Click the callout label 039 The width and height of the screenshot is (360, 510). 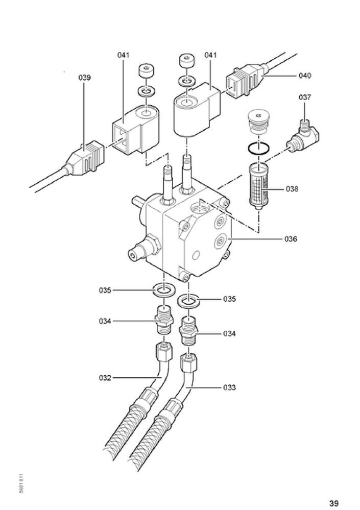coord(84,78)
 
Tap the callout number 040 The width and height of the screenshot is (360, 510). coord(304,76)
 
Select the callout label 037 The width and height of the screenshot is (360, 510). coord(305,97)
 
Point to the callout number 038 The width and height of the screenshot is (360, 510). coord(292,189)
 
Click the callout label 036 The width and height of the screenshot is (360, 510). coord(291,239)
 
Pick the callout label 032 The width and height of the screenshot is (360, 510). coord(105,378)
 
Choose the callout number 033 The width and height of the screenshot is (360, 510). coord(229,387)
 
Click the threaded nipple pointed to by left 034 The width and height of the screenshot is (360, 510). coord(164,319)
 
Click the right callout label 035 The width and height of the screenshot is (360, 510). coord(229,299)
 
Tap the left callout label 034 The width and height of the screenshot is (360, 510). coord(105,321)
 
